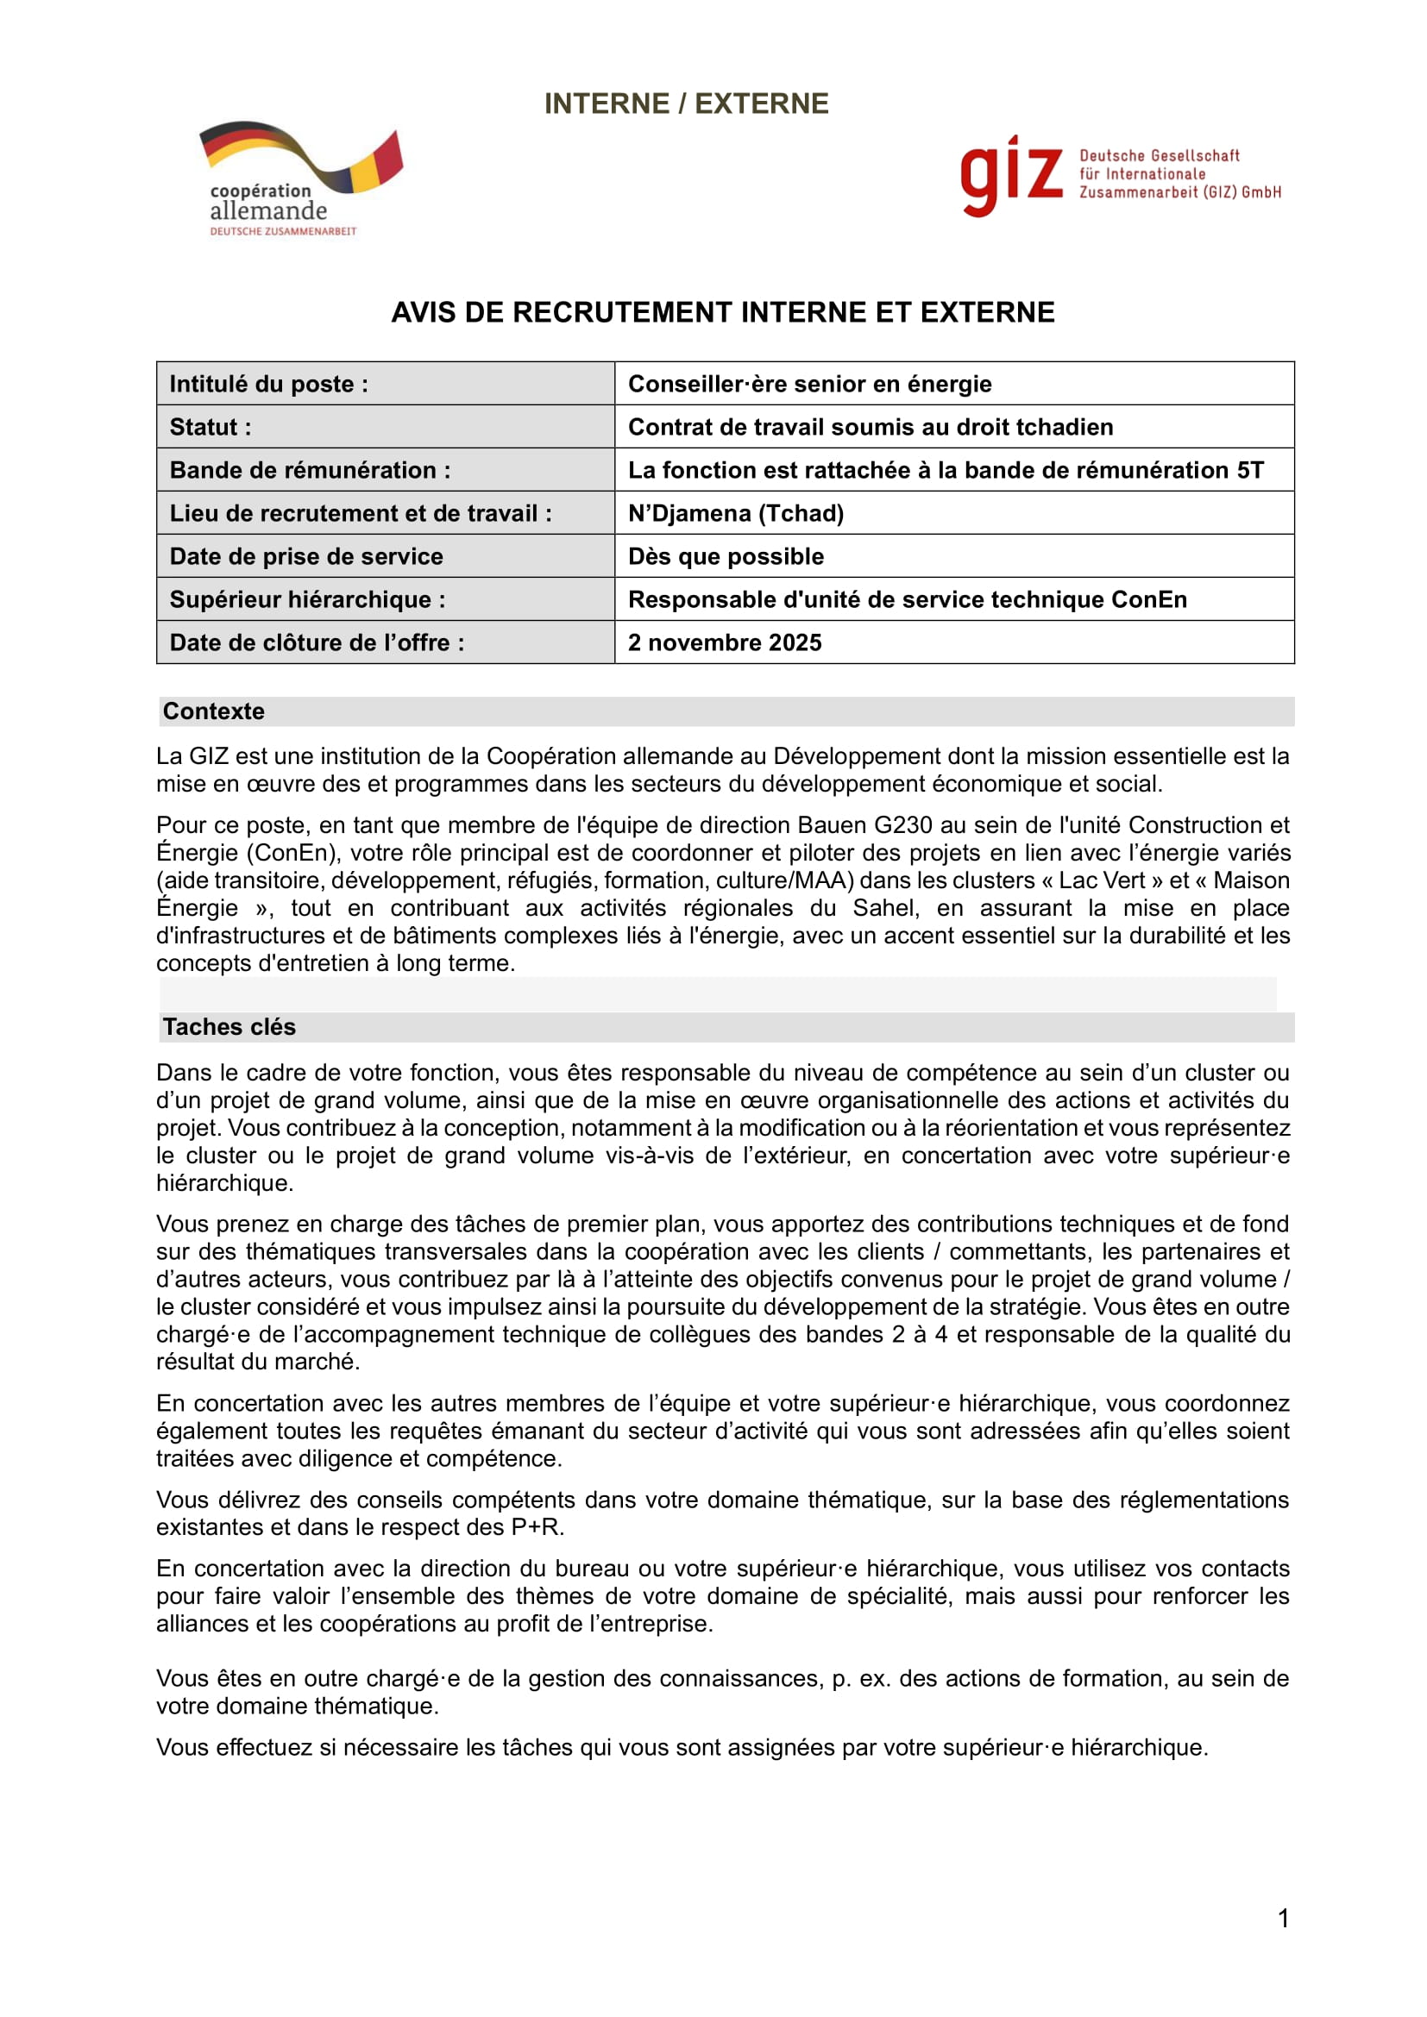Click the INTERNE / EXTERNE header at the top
pos(686,103)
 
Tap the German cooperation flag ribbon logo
pos(301,155)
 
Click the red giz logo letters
pos(1010,176)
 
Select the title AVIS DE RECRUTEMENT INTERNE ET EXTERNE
pos(722,313)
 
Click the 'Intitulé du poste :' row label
pos(269,384)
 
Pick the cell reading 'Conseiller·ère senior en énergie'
pos(809,384)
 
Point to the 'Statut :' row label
pos(211,427)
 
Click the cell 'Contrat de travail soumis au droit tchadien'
pos(870,427)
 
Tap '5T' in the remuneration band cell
pos(1249,470)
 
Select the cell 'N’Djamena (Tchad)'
pos(735,513)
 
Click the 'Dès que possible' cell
pos(726,556)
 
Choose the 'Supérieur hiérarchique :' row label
pos(307,599)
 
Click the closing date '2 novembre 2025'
pos(725,642)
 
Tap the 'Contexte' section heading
pos(213,711)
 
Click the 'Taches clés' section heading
pos(229,1027)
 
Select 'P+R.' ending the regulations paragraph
pos(537,1527)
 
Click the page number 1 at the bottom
pos(1283,1919)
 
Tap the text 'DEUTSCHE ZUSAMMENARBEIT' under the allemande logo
pos(283,231)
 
